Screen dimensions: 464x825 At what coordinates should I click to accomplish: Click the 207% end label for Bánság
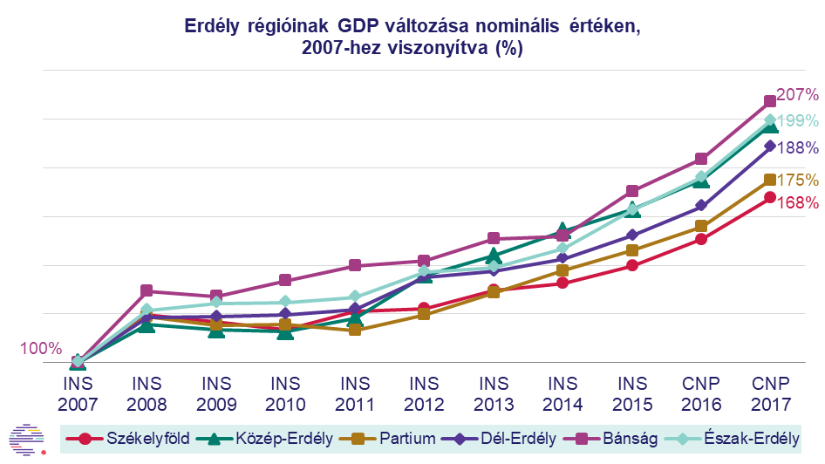point(797,94)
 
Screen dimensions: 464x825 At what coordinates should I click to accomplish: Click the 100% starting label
point(40,349)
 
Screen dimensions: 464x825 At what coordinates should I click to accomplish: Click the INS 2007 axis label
point(78,393)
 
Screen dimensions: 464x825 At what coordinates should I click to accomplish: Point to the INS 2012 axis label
point(424,393)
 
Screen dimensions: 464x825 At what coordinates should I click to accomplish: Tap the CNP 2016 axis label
point(701,393)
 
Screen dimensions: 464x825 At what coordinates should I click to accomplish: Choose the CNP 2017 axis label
point(770,393)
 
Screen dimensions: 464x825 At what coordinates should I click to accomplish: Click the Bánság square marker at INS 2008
point(147,291)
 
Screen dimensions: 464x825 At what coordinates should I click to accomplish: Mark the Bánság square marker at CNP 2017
point(770,101)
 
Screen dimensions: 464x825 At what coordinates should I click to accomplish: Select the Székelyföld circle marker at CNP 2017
point(770,197)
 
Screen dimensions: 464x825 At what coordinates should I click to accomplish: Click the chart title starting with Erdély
point(412,38)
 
